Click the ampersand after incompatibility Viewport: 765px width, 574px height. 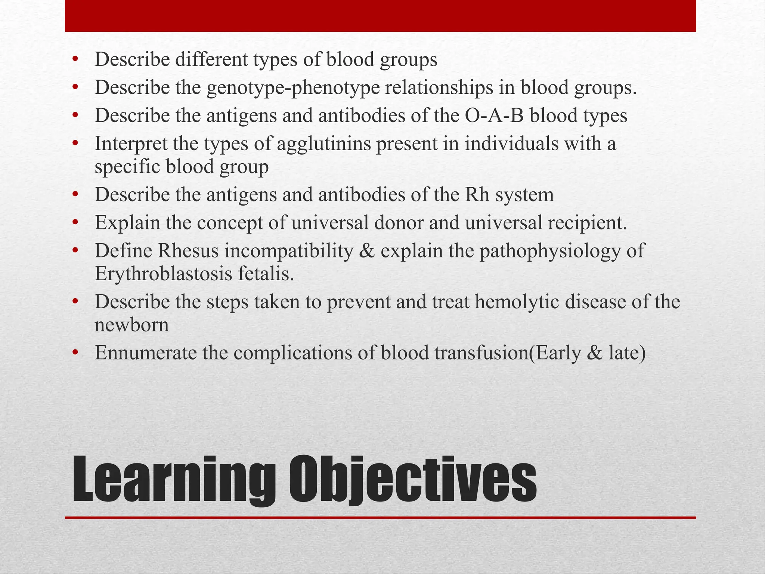366,251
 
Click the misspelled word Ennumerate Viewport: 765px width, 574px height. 146,353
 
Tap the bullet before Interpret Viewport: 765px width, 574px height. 75,144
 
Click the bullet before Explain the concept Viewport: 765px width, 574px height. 75,223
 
